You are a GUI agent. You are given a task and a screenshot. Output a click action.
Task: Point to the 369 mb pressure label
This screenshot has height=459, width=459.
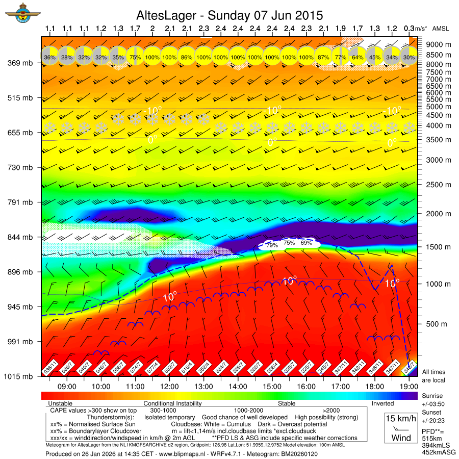pyautogui.click(x=20, y=63)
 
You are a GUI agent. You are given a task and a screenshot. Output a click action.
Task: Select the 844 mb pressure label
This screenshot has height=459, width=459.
pyautogui.click(x=20, y=237)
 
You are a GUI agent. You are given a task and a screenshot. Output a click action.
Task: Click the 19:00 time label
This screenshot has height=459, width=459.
pyautogui.click(x=409, y=387)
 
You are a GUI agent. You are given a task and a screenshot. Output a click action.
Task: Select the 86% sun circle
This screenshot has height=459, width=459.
pyautogui.click(x=187, y=58)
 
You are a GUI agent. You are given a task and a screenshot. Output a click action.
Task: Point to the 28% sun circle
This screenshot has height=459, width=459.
pyautogui.click(x=67, y=58)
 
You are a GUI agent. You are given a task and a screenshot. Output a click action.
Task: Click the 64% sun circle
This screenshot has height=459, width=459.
pyautogui.click(x=358, y=58)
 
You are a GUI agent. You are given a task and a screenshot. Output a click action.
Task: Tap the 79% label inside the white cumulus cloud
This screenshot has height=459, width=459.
pyautogui.click(x=272, y=245)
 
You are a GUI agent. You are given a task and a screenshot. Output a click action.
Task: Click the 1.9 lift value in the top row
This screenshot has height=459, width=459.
pyautogui.click(x=341, y=29)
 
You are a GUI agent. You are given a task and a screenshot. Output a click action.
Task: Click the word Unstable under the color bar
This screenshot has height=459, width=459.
pyautogui.click(x=59, y=403)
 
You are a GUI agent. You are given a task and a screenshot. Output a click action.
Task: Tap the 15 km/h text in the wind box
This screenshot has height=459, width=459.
pyautogui.click(x=400, y=419)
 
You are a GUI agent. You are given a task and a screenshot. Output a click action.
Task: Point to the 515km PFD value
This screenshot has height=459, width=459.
pyautogui.click(x=431, y=439)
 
